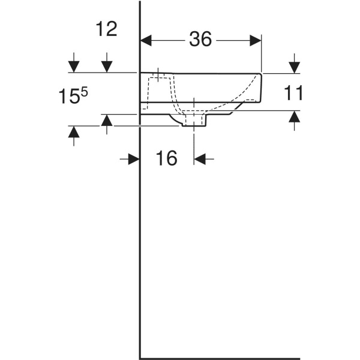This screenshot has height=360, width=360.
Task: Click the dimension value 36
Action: click(x=201, y=39)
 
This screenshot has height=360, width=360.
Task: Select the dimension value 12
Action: click(x=106, y=29)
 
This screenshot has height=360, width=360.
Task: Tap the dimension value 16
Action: click(x=167, y=158)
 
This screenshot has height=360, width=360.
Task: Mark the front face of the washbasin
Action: click(x=262, y=86)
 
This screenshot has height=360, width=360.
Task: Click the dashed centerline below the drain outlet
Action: click(x=194, y=141)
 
